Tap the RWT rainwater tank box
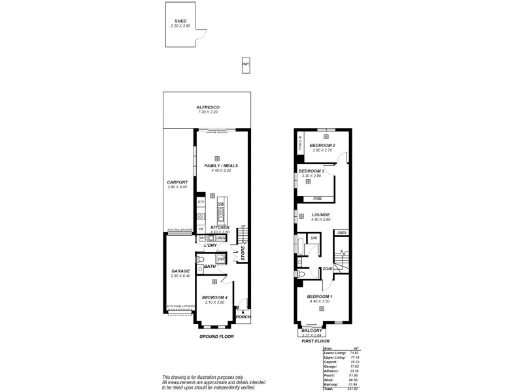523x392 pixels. pyautogui.click(x=246, y=64)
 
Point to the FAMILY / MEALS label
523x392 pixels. pyautogui.click(x=220, y=166)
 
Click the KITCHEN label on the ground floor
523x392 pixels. pyautogui.click(x=220, y=227)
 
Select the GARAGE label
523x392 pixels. pyautogui.click(x=180, y=270)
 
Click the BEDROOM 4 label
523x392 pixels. pyautogui.click(x=214, y=297)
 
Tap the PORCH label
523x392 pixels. pyautogui.click(x=243, y=316)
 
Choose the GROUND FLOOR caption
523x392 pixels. pyautogui.click(x=216, y=336)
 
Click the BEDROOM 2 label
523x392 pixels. pyautogui.click(x=322, y=145)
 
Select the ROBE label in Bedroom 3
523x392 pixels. pyautogui.click(x=317, y=198)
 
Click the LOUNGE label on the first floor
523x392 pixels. pyautogui.click(x=320, y=214)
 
